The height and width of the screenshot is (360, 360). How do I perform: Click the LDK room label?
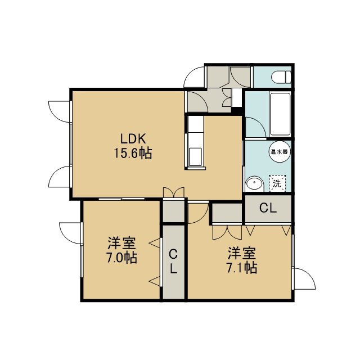[133, 139]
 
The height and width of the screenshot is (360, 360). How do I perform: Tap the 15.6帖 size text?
[133, 153]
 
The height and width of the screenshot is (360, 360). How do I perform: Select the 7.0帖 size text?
[121, 258]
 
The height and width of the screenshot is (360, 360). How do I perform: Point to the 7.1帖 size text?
[241, 268]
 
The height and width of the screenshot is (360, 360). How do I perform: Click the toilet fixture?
[281, 76]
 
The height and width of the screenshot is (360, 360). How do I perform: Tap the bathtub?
[280, 114]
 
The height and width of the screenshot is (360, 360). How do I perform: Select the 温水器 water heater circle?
[279, 152]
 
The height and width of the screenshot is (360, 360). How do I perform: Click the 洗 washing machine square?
[277, 183]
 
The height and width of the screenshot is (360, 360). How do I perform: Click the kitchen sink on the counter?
[195, 157]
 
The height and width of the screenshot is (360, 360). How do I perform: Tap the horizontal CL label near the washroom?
[268, 208]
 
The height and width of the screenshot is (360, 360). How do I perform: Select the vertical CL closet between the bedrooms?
[173, 262]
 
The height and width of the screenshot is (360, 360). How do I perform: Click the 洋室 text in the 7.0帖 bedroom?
[121, 244]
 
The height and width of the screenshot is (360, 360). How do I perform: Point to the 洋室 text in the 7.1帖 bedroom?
[241, 253]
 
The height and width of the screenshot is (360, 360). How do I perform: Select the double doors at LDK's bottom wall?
[174, 192]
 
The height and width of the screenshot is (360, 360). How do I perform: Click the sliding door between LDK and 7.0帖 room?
[121, 199]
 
